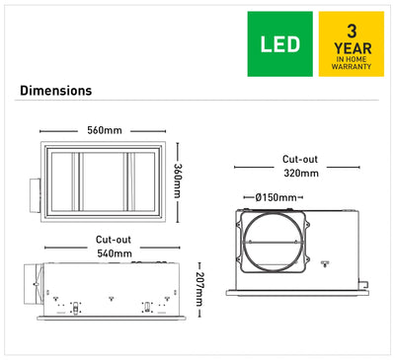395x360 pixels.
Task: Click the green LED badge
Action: tap(280, 44)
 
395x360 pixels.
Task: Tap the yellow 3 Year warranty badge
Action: tap(352, 44)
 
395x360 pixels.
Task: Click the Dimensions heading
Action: tap(55, 91)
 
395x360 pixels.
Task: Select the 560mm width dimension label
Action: tap(105, 130)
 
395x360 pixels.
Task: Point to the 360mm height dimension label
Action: tap(178, 180)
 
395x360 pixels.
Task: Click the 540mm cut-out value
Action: tap(115, 253)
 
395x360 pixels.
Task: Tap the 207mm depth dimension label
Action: tap(199, 289)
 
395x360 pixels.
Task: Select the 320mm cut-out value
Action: tap(301, 173)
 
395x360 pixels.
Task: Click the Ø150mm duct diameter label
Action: tap(276, 197)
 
